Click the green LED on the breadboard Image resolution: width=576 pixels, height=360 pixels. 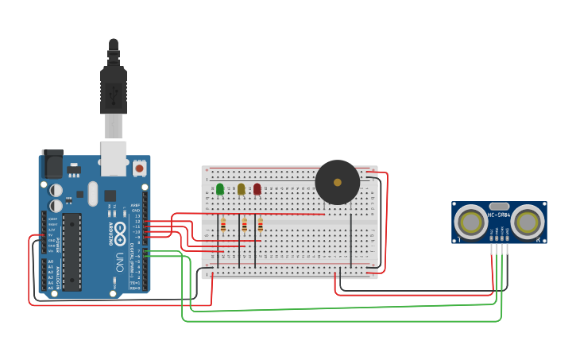coord(220,189)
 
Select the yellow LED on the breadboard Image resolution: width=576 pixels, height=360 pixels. coord(241,189)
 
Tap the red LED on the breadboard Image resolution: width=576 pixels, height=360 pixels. coord(257,189)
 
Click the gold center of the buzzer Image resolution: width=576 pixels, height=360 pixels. coord(338,183)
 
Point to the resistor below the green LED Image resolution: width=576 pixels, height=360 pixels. coord(223,226)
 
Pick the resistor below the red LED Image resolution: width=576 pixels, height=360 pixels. coord(261,226)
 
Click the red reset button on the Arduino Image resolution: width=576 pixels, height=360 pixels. coord(140,168)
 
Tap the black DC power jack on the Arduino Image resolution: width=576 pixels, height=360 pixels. coord(52,165)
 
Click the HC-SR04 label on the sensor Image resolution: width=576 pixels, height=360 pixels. coord(500,215)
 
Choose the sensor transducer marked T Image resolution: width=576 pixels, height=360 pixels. coord(471,223)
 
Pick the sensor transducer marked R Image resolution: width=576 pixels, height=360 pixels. coord(528,223)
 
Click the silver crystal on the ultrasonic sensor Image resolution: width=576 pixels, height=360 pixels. coord(500,206)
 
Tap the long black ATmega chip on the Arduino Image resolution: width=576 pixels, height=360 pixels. coord(72,251)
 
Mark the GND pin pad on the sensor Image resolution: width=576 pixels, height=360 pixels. coord(507,236)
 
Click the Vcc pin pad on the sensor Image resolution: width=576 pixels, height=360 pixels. coord(493,236)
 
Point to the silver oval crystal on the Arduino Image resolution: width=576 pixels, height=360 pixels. coord(93,193)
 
